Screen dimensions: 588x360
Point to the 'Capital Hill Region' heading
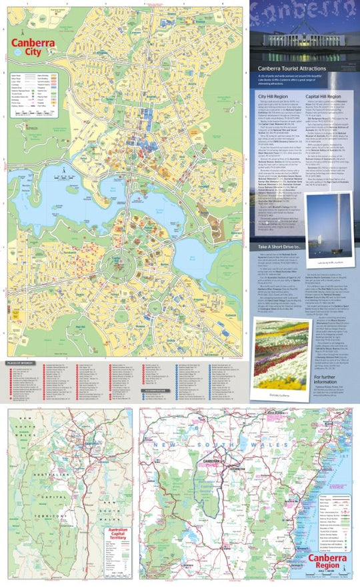coord(323,96)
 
